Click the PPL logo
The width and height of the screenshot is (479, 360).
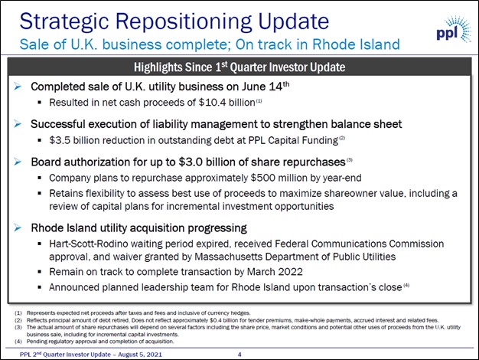(454, 30)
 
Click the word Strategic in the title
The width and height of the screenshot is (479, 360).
(64, 21)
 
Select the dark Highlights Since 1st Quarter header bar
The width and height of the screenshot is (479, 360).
(239, 67)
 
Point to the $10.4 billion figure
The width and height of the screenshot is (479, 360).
(227, 102)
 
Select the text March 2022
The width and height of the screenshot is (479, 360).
(275, 272)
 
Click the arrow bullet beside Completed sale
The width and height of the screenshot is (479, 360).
(18, 87)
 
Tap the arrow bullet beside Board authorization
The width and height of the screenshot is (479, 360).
(18, 162)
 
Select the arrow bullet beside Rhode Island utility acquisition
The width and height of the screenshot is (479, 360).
(18, 227)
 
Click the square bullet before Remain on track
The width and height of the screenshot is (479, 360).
(40, 271)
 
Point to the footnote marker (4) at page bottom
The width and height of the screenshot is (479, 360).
(18, 342)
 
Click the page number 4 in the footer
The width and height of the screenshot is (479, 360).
(239, 355)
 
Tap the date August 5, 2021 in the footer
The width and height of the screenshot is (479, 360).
(140, 355)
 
